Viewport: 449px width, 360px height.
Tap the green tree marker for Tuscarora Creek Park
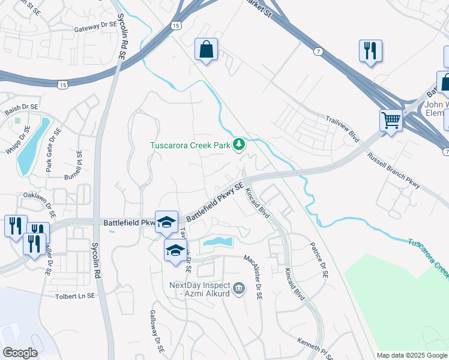[x=239, y=144]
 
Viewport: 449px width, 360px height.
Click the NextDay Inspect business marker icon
[x=239, y=290]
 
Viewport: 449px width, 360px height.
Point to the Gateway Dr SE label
[x=94, y=28]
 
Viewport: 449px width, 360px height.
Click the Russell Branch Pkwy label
[x=394, y=175]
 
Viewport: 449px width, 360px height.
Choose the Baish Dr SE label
[x=21, y=106]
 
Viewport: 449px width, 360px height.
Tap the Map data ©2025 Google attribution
[x=412, y=355]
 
